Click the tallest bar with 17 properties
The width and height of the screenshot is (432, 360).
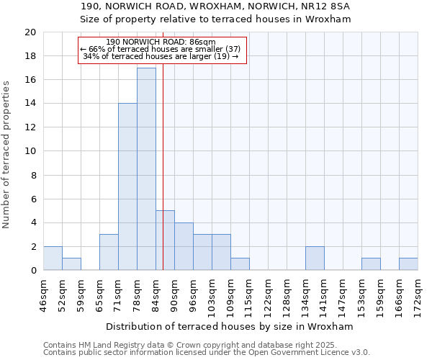(x=146, y=169)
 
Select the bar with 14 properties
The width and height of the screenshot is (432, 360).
(x=127, y=187)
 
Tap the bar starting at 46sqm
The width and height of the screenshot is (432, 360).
(x=53, y=258)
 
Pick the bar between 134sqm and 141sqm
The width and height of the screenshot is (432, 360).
(x=315, y=258)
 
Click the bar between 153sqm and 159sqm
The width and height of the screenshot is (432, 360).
(x=371, y=264)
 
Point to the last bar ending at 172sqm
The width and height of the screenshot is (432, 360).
(x=408, y=264)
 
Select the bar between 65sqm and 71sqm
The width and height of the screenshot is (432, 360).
(x=109, y=252)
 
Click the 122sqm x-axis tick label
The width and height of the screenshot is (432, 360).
(x=269, y=295)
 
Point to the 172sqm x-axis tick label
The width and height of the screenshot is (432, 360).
(x=418, y=295)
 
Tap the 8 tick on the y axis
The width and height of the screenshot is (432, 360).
(x=32, y=175)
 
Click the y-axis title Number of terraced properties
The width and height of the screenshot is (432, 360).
(x=6, y=155)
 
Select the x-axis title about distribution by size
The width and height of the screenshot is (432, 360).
(x=229, y=326)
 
